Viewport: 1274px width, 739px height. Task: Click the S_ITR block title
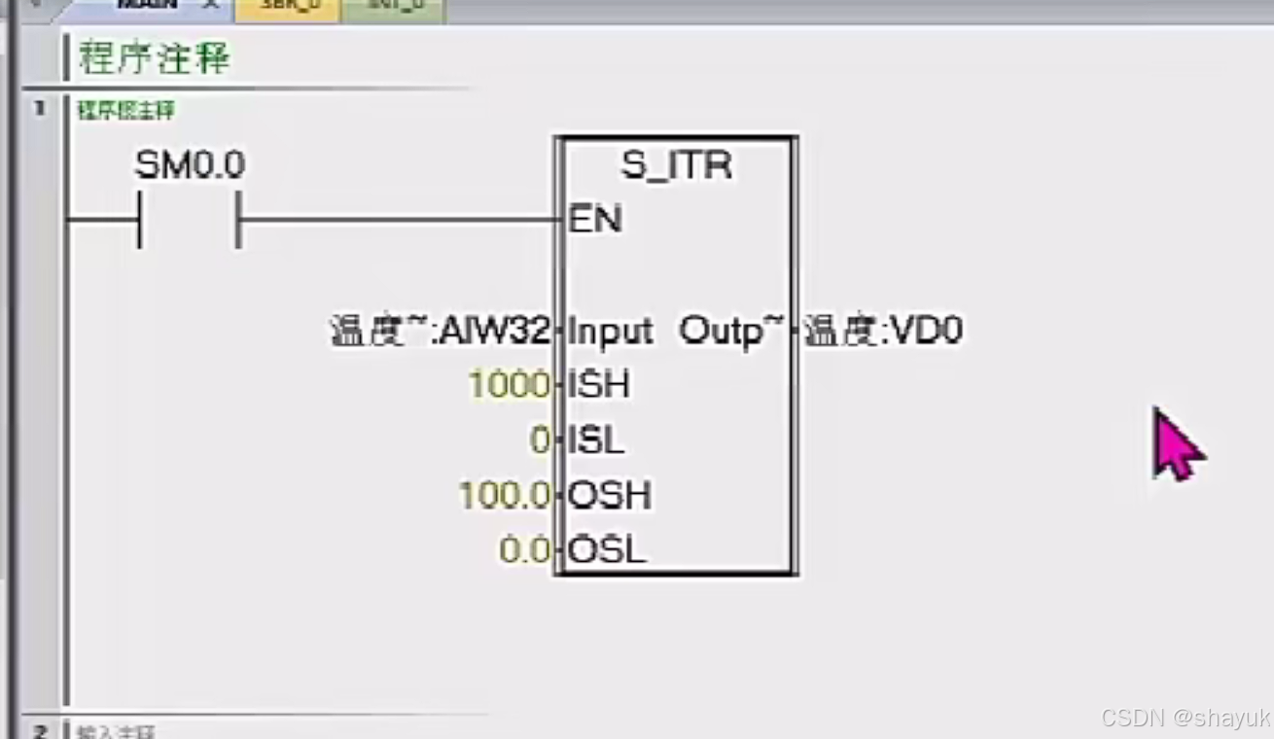(x=677, y=165)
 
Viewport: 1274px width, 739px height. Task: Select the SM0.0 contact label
(x=190, y=165)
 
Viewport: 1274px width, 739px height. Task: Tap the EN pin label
(x=595, y=220)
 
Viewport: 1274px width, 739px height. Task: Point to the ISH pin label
(x=599, y=385)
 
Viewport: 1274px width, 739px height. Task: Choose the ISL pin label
(x=596, y=440)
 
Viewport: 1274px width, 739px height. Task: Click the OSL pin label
(x=607, y=551)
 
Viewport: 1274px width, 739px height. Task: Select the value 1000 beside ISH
(x=509, y=385)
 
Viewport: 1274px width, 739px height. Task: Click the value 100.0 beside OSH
(x=505, y=496)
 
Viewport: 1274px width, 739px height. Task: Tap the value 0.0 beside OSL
(x=525, y=551)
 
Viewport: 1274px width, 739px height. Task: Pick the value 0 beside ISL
(x=540, y=440)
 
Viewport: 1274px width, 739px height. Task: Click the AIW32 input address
(x=495, y=332)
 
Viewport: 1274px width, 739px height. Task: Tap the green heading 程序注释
(x=155, y=58)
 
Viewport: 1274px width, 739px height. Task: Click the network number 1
(x=40, y=108)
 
